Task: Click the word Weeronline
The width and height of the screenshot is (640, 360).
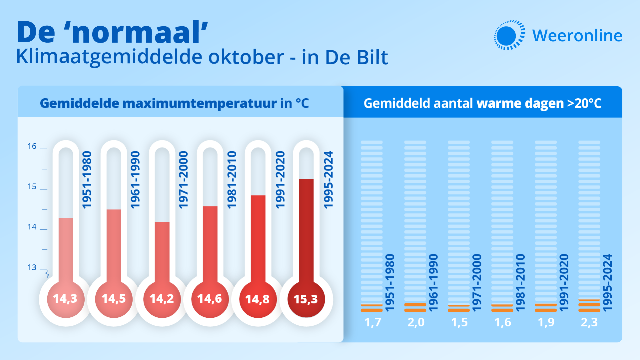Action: tap(577, 36)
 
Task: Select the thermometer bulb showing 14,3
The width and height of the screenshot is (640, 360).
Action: tap(65, 299)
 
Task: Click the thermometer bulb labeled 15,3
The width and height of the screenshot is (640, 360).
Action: tap(306, 299)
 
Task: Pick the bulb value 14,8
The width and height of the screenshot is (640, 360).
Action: tap(258, 299)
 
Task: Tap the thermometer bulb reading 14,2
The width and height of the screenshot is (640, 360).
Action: tap(162, 299)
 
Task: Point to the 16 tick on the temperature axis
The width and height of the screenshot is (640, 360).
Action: tap(32, 146)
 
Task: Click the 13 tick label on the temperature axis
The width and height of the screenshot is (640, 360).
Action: tap(32, 267)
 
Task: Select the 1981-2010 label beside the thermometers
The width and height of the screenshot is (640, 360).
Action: tap(232, 180)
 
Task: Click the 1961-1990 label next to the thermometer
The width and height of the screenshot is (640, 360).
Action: tap(135, 180)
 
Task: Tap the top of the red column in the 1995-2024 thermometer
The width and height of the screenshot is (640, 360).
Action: tap(306, 180)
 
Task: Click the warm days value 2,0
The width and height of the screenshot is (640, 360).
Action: tap(416, 322)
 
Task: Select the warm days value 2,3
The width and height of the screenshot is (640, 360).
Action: tap(589, 322)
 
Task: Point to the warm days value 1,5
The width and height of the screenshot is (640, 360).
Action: tap(459, 322)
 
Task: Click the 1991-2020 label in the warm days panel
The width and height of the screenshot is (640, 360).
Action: tap(564, 282)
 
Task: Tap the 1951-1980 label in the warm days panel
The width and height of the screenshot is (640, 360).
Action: tap(390, 282)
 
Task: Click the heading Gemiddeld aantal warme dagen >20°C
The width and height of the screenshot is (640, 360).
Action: tap(482, 103)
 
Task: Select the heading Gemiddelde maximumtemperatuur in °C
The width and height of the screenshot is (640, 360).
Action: tap(174, 103)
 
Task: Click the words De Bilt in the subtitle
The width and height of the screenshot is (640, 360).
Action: tap(356, 57)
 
